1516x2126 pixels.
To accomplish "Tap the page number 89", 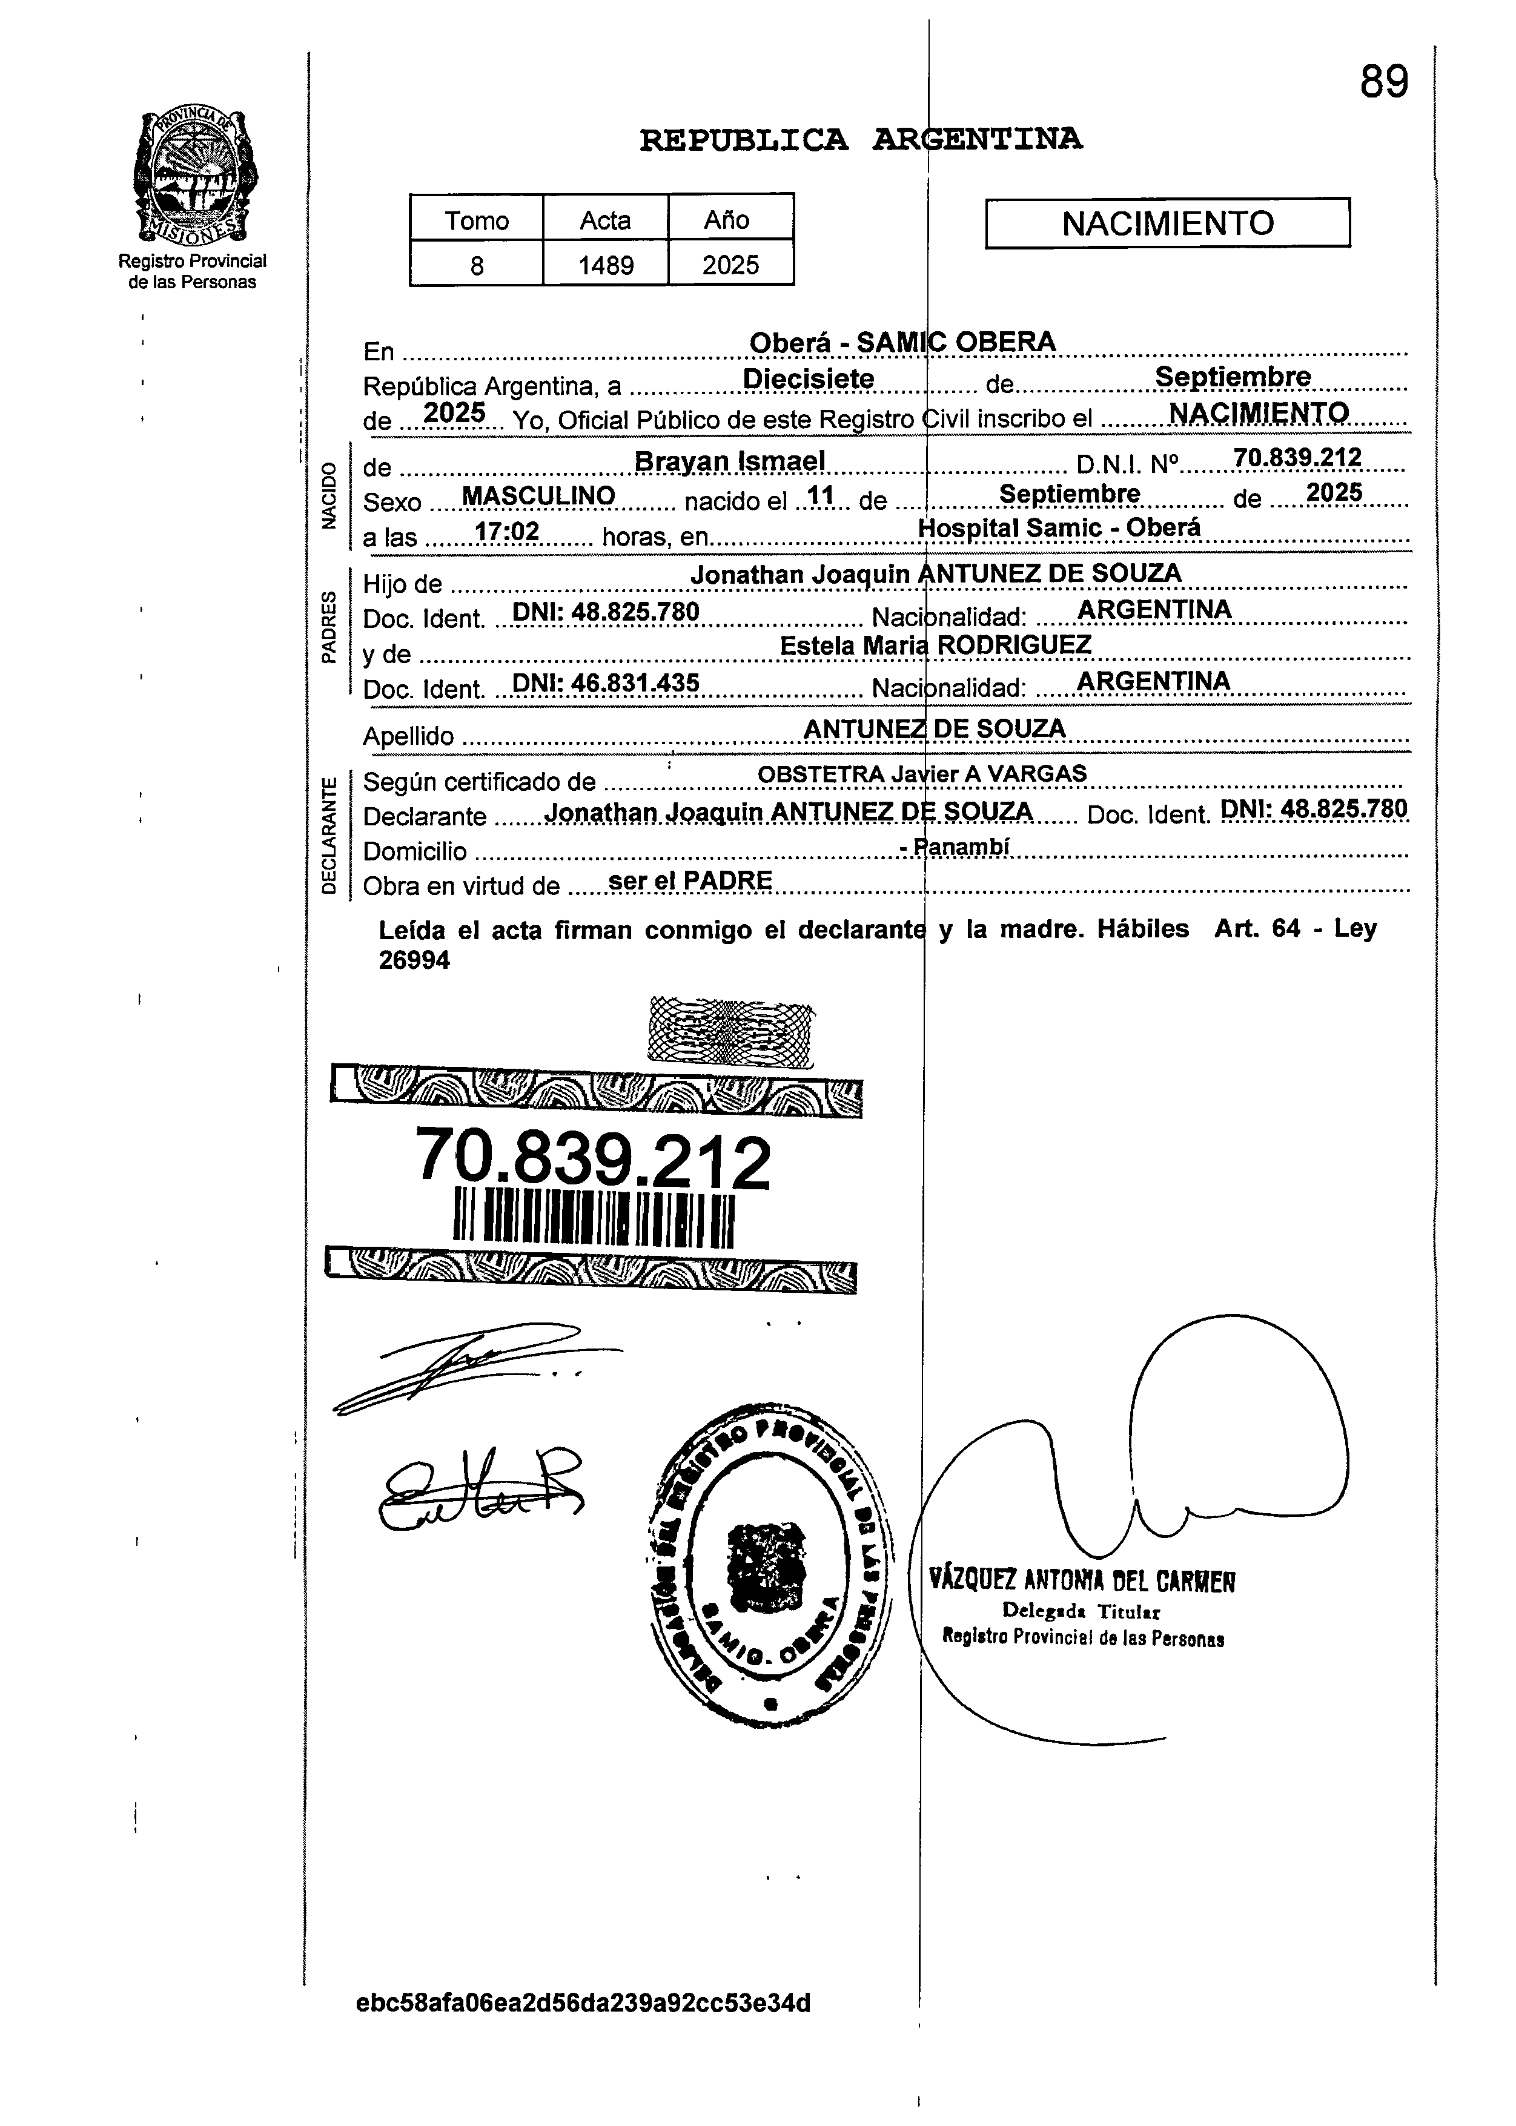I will click(1383, 83).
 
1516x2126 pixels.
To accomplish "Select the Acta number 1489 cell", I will click(606, 266).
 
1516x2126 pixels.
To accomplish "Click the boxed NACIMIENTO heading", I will click(1167, 223).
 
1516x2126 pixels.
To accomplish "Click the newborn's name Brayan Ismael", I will click(729, 461).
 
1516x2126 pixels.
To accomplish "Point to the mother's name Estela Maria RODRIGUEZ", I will click(935, 645).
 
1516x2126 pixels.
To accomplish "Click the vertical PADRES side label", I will click(328, 627).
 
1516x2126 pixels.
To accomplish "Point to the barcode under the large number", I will click(594, 1219).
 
